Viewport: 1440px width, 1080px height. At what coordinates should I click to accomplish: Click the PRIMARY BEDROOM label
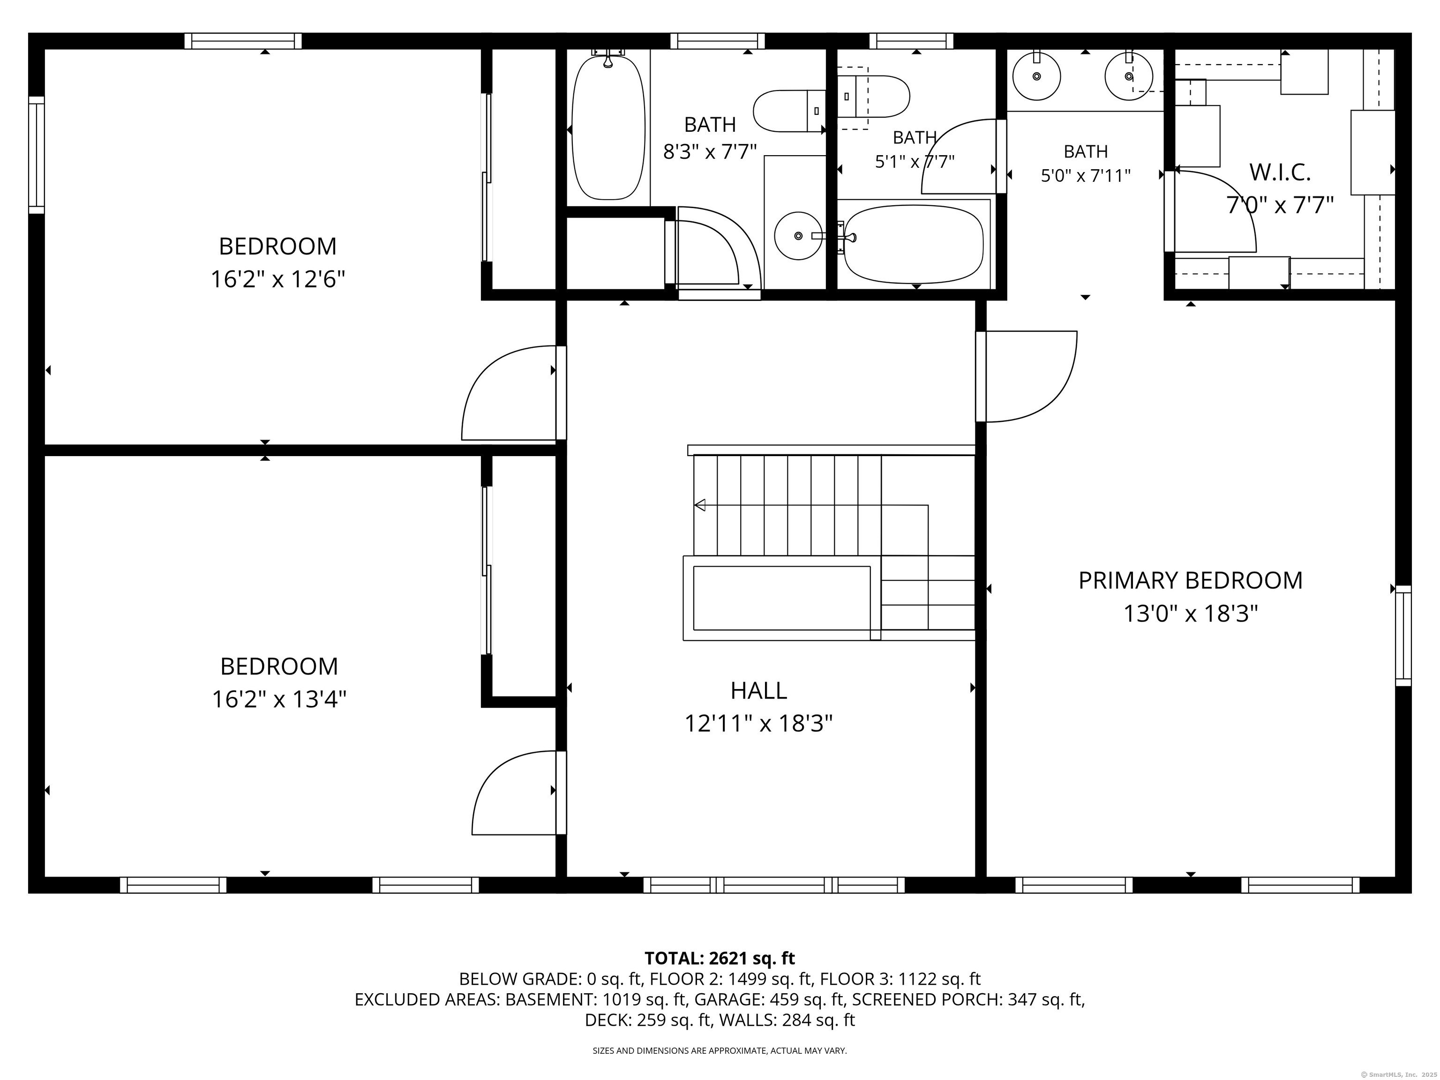coord(1190,580)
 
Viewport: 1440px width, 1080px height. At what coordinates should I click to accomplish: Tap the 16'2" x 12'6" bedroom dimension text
coord(277,280)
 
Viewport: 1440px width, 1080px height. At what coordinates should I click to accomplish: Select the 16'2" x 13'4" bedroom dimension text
coord(278,700)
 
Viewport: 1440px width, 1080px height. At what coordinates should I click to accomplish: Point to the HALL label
coord(758,690)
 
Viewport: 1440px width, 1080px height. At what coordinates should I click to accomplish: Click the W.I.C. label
coord(1280,172)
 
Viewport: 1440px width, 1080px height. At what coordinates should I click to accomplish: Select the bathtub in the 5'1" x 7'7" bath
coord(913,244)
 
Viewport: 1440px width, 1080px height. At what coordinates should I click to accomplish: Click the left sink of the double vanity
coord(1036,76)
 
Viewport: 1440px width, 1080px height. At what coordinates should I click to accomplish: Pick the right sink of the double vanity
coord(1129,76)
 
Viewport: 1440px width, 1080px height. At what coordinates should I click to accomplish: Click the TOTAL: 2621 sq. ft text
coord(720,958)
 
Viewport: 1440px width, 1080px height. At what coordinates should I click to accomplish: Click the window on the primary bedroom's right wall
coord(1403,635)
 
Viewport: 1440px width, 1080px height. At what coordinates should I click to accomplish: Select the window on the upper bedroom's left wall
coord(37,155)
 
